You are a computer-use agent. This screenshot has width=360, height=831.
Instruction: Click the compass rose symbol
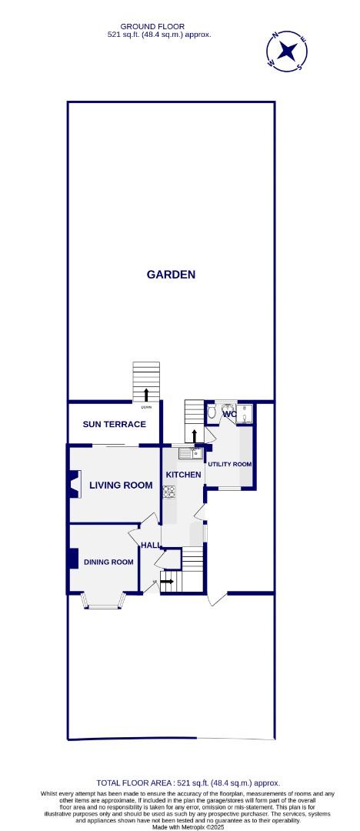288,52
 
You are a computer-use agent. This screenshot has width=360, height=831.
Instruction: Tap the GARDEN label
171,274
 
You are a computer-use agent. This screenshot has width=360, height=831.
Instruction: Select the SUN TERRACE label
114,424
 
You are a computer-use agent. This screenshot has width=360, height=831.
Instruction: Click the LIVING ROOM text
121,485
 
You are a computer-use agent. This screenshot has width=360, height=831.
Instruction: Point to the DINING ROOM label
109,562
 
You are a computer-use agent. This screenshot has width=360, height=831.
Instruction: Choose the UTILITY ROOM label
229,464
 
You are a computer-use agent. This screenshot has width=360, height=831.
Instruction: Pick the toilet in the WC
212,412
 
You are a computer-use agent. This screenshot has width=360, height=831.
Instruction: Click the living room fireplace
73,485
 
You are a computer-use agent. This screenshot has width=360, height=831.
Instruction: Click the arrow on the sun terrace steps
146,394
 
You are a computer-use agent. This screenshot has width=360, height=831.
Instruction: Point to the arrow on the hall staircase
167,581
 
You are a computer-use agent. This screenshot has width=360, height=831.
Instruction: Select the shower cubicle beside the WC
245,413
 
